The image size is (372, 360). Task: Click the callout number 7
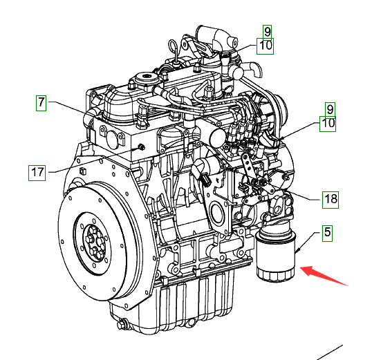tap(41, 103)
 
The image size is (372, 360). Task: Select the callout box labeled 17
tap(37, 173)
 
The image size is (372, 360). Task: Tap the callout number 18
tap(331, 200)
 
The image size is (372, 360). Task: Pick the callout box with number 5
tap(327, 234)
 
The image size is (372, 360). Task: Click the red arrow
tap(324, 276)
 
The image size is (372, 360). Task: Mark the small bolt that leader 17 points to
tap(141, 147)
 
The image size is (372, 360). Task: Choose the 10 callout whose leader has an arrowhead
tap(328, 124)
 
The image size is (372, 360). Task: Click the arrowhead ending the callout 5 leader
tap(297, 250)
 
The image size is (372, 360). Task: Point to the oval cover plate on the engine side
tap(216, 211)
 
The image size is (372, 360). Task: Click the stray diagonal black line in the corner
tap(331, 352)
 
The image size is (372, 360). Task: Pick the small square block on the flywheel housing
tap(82, 171)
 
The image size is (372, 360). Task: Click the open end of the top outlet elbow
tap(234, 42)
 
